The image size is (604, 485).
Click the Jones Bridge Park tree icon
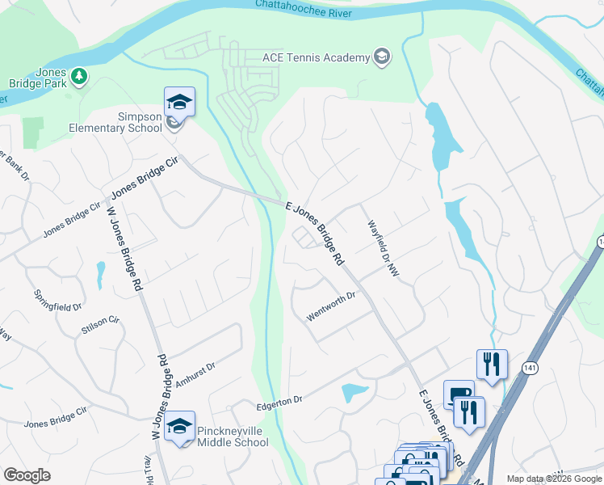[79, 76]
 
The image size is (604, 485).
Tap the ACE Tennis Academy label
[316, 57]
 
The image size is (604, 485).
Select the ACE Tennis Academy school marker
[382, 57]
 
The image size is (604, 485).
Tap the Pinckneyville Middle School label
[233, 436]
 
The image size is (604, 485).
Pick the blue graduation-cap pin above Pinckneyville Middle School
[179, 426]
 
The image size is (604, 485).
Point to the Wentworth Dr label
[331, 308]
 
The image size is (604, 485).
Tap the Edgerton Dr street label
[279, 399]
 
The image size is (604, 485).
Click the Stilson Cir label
[100, 326]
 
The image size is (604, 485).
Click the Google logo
[27, 474]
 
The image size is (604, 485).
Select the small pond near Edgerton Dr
[354, 393]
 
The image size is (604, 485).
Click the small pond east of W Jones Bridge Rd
[100, 275]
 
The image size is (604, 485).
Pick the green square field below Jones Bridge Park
[33, 133]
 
